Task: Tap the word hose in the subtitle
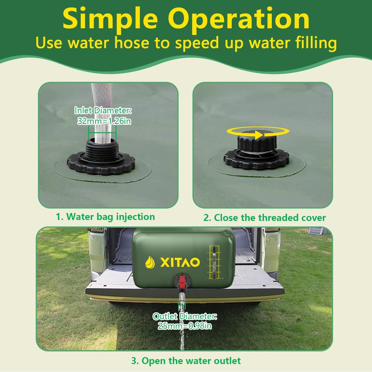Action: coord(132,43)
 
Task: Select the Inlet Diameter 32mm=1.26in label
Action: coord(103,116)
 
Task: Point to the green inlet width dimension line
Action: coord(102,133)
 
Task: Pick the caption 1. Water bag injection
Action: coord(106,217)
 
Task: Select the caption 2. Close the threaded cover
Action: coord(264,218)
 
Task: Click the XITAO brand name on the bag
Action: coord(180,262)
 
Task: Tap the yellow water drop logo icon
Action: coord(150,263)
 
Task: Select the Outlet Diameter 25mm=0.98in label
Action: coord(185,321)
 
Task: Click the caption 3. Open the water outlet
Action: coord(186,361)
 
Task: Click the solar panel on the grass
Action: coord(316,231)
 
